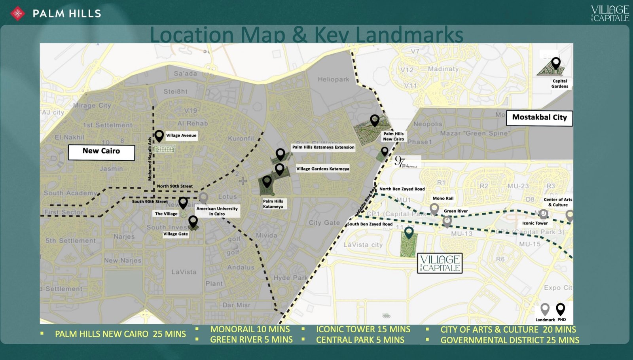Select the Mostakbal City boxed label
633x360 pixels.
(539, 118)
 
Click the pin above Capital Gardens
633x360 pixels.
(556, 63)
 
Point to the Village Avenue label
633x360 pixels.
(181, 136)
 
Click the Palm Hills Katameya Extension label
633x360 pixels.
(323, 147)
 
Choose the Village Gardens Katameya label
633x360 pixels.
(323, 169)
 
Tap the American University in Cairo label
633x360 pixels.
(217, 211)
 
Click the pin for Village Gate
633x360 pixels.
(193, 222)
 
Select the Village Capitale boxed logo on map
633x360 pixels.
(440, 263)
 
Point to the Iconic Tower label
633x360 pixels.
(535, 223)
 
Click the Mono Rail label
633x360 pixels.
(443, 199)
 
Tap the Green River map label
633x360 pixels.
(456, 211)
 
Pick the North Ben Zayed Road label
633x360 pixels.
(402, 189)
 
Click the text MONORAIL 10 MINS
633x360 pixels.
(250, 330)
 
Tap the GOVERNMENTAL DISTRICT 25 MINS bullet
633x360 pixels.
(510, 340)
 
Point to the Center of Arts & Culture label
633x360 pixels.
(558, 202)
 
